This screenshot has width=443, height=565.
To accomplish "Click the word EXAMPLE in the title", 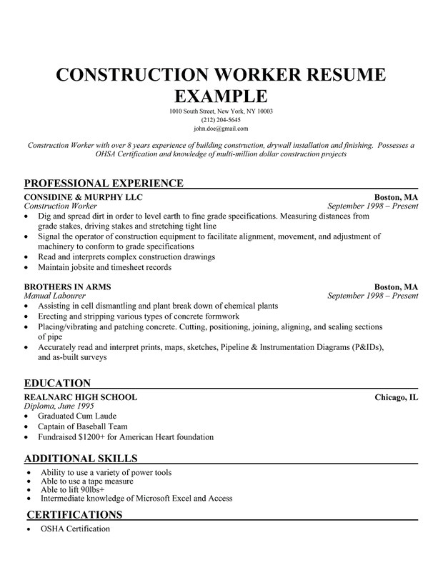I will [221, 96].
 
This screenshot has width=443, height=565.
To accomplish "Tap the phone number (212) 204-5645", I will [221, 120].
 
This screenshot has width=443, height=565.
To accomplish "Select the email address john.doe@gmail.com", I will [221, 129].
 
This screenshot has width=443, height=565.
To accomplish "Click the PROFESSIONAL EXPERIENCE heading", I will [104, 183].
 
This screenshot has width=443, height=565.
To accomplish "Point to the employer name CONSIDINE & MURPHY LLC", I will [84, 196].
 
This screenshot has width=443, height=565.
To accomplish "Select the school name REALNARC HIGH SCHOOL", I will [81, 397].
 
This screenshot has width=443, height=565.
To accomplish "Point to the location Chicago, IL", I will [397, 397].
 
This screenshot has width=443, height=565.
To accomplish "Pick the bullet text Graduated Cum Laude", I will [78, 416].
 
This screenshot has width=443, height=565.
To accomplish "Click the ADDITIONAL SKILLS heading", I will [81, 458].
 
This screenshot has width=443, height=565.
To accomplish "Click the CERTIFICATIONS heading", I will [74, 514].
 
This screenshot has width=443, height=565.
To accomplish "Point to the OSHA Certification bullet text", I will [76, 529].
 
